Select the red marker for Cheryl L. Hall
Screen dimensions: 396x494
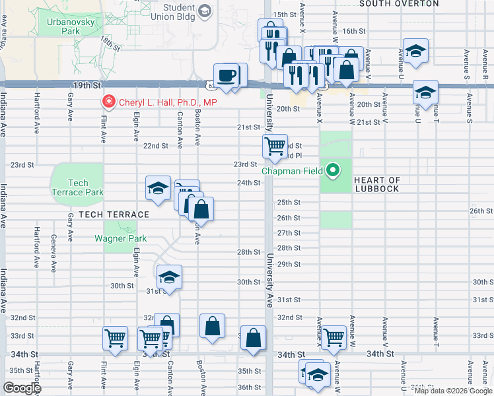pos(107,102)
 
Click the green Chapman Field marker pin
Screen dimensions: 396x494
pos(334,172)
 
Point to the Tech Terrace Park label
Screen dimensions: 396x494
pos(77,187)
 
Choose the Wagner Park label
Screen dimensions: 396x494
pos(115,238)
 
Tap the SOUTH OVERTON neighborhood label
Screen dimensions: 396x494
pos(398,3)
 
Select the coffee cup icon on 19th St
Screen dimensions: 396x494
pos(229,75)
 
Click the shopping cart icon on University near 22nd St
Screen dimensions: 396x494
pos(275,145)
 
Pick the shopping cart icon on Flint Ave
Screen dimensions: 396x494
pos(116,339)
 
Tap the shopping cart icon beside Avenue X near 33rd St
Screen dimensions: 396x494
pos(334,337)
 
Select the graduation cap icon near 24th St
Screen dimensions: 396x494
pos(159,188)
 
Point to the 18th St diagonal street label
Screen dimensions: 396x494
pos(110,44)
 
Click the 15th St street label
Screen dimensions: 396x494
pos(285,14)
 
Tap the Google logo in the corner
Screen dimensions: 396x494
pos(22,388)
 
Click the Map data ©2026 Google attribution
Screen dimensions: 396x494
pos(453,391)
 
